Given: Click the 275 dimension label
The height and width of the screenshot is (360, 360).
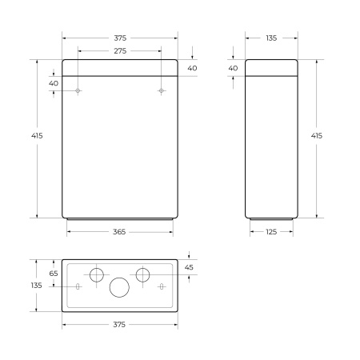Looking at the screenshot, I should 119,51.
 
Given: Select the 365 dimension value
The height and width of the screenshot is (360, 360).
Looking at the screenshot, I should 119,232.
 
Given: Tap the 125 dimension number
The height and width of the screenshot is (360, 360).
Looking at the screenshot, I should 272,232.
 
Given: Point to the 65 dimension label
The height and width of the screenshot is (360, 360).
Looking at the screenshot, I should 54,274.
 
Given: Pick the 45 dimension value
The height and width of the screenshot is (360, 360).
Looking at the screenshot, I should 190,267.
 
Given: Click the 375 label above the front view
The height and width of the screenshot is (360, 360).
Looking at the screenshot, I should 119,38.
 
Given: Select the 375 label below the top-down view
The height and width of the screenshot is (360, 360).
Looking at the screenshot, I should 119,325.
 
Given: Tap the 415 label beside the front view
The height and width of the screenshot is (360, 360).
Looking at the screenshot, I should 37,136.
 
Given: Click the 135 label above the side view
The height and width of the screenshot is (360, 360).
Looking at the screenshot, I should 272,38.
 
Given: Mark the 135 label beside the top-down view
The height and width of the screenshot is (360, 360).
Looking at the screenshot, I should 37,286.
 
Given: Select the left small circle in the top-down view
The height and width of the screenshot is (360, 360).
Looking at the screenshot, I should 96,274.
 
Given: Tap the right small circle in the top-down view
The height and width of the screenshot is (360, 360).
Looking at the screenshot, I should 142,274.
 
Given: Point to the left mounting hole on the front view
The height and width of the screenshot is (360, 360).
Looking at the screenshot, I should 78,91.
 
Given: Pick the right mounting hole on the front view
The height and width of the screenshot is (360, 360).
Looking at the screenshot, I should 161,91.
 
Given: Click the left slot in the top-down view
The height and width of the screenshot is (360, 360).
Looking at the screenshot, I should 78,286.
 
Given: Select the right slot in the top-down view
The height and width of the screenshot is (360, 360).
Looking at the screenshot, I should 161,286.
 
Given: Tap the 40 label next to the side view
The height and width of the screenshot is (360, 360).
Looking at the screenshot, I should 233,68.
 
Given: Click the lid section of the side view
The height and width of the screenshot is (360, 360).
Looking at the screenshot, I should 272,67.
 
